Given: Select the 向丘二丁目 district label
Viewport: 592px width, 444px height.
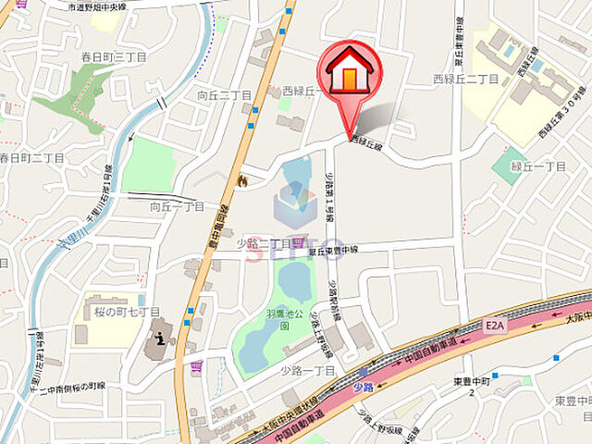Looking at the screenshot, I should click(225, 94).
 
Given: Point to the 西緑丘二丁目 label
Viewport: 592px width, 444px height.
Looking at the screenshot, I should click(465, 80).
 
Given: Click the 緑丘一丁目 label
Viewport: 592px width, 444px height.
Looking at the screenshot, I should click(537, 166).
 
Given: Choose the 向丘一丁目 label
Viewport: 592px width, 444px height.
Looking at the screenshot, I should click(178, 207).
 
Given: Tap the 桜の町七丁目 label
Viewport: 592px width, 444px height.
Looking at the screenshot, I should click(126, 312).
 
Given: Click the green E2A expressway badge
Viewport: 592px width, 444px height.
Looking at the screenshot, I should click(494, 326).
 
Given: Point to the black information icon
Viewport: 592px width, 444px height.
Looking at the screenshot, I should click(163, 338).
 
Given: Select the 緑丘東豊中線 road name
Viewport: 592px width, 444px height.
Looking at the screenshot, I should click(334, 250).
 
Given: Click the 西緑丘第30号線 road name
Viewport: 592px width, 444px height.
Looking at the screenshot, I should click(561, 112).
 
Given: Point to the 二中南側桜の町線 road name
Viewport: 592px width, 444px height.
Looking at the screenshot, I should click(66, 387).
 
